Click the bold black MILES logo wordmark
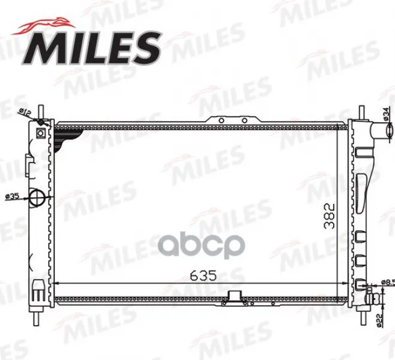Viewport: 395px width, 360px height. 92,48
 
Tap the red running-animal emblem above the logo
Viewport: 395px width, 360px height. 43,26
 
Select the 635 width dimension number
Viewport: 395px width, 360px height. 204,275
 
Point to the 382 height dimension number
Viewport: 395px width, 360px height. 330,216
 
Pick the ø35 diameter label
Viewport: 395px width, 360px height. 13,196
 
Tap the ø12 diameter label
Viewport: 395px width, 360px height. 25,113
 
